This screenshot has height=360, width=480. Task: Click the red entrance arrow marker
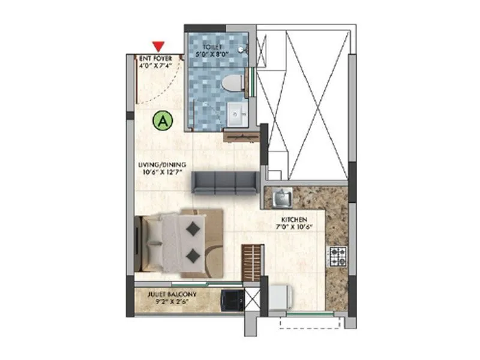(x=158, y=46)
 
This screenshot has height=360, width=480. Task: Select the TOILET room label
(x=212, y=46)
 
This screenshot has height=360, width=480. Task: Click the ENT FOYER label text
(x=155, y=58)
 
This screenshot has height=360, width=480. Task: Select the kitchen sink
(x=281, y=197)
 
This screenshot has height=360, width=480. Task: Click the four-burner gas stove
(x=336, y=257)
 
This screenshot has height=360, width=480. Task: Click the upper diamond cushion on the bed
(x=193, y=229)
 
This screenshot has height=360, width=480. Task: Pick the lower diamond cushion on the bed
(x=193, y=256)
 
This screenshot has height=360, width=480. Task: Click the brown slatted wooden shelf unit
(x=253, y=263)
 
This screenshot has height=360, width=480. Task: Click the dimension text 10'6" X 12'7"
(x=163, y=172)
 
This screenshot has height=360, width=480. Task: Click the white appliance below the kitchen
(x=280, y=297)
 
